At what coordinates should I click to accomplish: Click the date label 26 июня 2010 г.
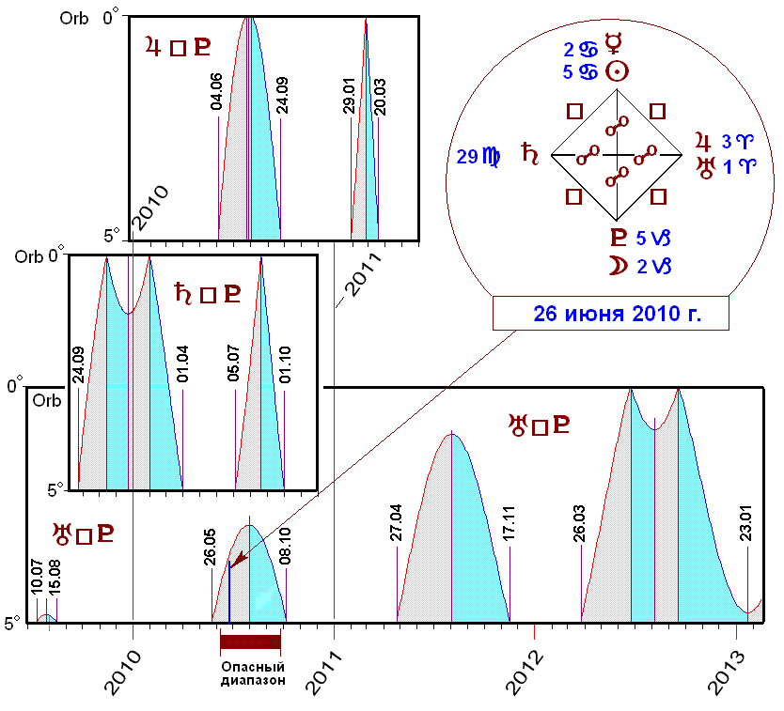click(612, 314)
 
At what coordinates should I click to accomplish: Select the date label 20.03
click(380, 97)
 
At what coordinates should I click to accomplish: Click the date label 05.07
click(233, 367)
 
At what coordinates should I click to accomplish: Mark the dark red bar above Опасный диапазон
click(250, 641)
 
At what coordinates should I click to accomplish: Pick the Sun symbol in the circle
click(617, 71)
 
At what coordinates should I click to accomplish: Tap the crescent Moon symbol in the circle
click(617, 267)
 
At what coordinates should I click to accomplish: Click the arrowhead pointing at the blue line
click(235, 561)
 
